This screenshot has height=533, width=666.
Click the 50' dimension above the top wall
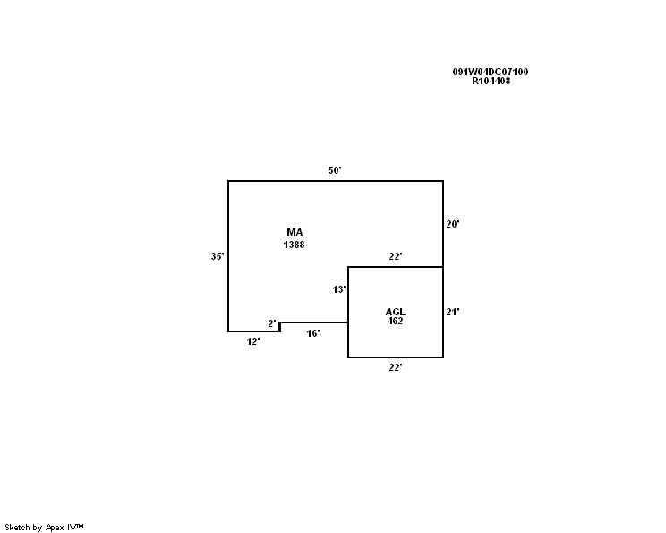tap(335, 170)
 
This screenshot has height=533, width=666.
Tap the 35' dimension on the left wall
tap(218, 256)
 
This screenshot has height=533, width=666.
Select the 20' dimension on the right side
tap(453, 224)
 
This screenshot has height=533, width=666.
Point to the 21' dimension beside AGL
tap(453, 312)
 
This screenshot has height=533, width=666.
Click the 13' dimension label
tap(339, 289)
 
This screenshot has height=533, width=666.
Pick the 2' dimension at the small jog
tap(272, 324)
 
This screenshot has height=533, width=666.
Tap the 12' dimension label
tap(253, 341)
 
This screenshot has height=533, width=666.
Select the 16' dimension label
tap(313, 333)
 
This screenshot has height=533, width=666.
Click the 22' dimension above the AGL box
tap(396, 256)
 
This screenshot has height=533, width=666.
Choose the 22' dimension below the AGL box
tap(396, 367)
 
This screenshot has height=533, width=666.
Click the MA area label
tap(295, 232)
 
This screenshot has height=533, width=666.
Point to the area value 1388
tap(294, 245)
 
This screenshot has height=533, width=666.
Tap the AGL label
tap(396, 312)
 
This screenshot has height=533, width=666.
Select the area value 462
tap(395, 321)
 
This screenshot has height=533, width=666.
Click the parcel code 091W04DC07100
tap(491, 72)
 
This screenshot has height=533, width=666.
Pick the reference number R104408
tap(491, 81)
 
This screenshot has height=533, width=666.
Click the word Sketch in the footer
tap(17, 528)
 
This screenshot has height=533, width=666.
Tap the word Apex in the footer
tap(55, 528)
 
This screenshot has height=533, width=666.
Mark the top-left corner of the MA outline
tap(228, 181)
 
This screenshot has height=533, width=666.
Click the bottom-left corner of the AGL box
tap(348, 357)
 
